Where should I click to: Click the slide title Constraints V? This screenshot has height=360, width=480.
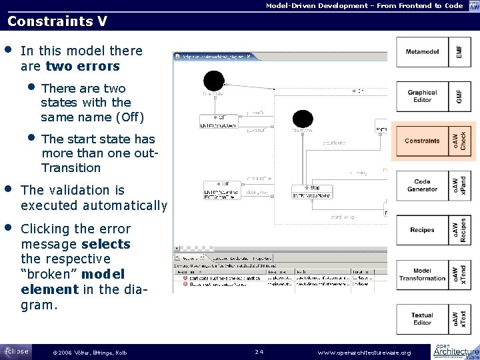point(57,21)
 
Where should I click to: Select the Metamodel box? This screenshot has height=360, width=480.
point(423,52)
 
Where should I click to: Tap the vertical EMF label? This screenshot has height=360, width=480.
point(457,52)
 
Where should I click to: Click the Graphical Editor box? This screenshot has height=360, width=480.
point(423,97)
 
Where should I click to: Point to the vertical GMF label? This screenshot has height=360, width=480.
point(457,97)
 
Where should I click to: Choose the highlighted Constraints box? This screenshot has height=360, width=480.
point(423,141)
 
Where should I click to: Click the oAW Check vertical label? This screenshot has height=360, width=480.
point(459,141)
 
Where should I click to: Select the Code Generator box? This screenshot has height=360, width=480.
point(423,185)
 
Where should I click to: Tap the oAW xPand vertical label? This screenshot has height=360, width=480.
point(459,185)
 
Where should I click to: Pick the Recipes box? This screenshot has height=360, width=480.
point(423,230)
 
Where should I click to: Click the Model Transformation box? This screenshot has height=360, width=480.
point(423,274)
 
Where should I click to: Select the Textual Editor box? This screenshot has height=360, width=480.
point(423,319)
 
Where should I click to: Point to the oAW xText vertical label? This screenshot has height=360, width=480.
point(459,319)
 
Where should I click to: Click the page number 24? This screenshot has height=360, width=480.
point(259,351)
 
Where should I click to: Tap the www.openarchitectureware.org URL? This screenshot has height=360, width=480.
point(364,352)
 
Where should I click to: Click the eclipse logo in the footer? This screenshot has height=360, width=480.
point(15,351)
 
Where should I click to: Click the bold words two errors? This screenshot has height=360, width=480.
point(83,66)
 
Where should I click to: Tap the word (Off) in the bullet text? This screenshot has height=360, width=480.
point(129,117)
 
